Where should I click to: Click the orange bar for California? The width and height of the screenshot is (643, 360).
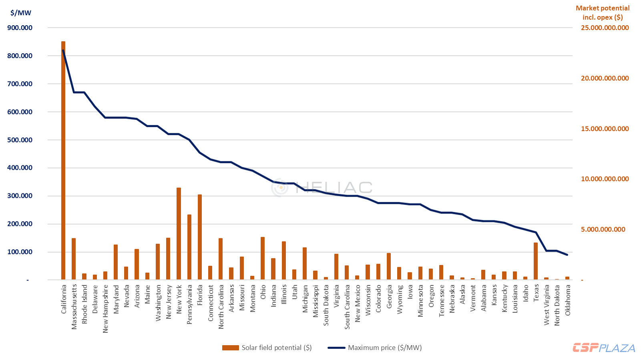tap(63, 160)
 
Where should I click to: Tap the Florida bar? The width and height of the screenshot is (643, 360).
tap(200, 237)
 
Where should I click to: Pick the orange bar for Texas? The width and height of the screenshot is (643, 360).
tap(536, 261)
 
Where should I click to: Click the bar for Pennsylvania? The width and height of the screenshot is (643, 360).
tap(189, 247)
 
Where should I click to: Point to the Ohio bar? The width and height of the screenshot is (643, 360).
tap(263, 258)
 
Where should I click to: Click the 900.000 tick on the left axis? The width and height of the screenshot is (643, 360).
tap(20, 28)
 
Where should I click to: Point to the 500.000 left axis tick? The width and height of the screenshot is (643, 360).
tap(20, 140)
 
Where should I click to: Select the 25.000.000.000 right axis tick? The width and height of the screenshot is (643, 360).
tap(605, 28)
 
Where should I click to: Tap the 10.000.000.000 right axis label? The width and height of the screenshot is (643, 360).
tap(605, 179)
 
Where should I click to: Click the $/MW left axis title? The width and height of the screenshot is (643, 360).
tap(21, 13)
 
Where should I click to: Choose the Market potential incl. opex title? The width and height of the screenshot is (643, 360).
tap(603, 12)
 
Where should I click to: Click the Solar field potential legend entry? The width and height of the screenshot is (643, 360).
tap(267, 348)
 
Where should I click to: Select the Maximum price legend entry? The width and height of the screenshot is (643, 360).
tap(375, 348)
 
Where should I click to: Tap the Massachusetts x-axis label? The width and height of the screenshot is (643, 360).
tap(74, 307)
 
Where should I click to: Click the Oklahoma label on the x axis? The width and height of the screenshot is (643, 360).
tap(568, 300)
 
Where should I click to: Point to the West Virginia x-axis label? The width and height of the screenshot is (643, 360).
tap(547, 305)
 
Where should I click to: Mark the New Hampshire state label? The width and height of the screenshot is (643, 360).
tap(106, 308)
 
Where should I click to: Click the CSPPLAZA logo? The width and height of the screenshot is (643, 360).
tap(603, 348)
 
